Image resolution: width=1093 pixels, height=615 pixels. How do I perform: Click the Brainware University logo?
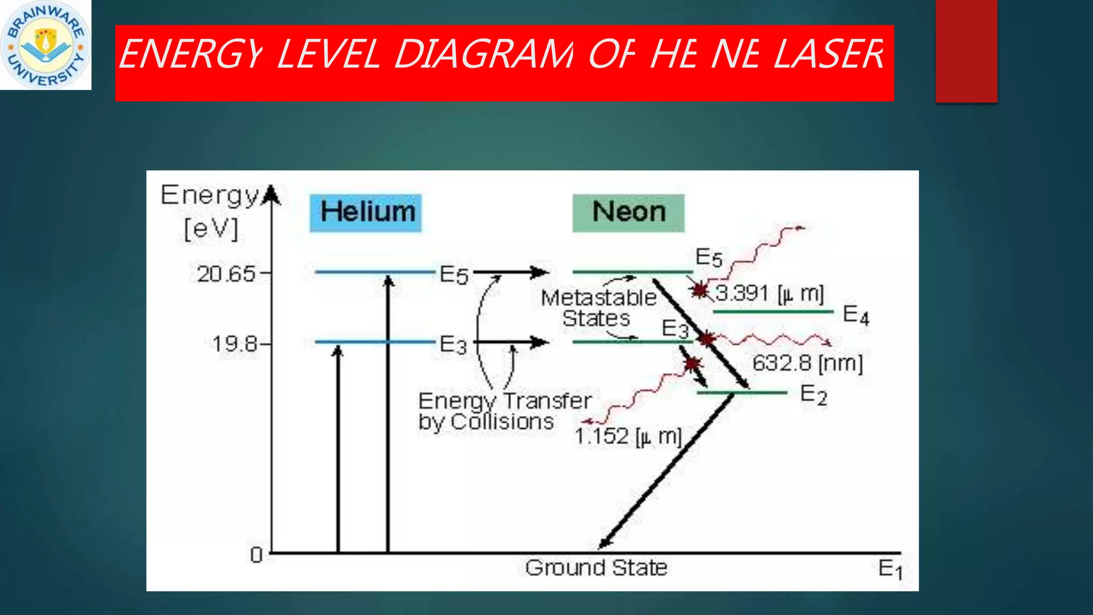point(45,45)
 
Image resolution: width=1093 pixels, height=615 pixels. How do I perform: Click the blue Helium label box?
point(366,212)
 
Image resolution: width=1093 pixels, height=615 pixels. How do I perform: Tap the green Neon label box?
point(628,212)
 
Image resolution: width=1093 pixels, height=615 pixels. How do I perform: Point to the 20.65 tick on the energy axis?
point(227,274)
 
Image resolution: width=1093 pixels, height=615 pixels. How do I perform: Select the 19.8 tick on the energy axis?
point(235,343)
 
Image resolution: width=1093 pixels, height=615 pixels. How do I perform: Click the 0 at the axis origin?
point(256,555)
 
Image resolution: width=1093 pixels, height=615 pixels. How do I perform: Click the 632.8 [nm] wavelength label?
point(807,363)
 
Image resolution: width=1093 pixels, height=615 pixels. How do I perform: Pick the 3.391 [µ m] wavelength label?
point(770,293)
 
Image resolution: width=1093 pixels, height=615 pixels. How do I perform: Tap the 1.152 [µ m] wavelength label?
point(628,436)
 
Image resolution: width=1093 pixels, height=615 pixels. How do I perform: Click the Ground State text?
point(596,567)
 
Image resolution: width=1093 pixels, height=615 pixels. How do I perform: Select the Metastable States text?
point(598,307)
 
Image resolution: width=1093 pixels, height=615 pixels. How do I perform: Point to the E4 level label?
point(856,315)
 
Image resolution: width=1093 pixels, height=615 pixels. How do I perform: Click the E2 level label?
point(813,395)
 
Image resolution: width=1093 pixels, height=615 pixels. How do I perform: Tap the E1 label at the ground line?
point(890,569)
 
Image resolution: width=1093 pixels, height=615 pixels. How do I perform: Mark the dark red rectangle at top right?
point(966,51)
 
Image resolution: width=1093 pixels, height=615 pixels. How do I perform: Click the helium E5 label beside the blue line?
point(454,275)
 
